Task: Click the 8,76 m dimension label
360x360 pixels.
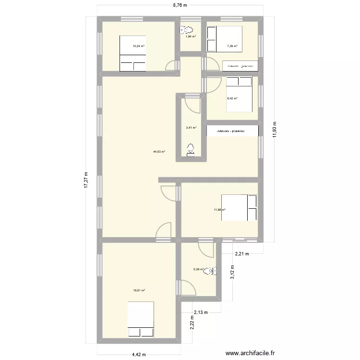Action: [x=180, y=5]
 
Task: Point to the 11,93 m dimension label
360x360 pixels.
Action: [x=275, y=128]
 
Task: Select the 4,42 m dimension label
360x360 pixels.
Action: [x=140, y=355]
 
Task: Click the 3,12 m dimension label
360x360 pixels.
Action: [x=232, y=273]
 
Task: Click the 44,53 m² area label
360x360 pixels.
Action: [x=159, y=152]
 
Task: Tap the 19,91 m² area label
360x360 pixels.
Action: [x=139, y=290]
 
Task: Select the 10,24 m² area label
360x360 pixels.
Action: [x=139, y=47]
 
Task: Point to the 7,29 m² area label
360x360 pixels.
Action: [x=232, y=47]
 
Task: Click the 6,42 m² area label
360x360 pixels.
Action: [x=232, y=98]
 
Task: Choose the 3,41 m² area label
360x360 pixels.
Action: [x=191, y=128]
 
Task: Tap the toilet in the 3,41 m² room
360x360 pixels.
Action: [x=191, y=150]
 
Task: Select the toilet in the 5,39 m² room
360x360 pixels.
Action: [x=209, y=272]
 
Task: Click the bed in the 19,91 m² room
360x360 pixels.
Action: [x=141, y=319]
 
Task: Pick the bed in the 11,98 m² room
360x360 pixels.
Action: [x=239, y=208]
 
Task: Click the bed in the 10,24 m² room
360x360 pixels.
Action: [x=132, y=53]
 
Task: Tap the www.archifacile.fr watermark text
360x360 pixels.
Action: [x=251, y=354]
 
